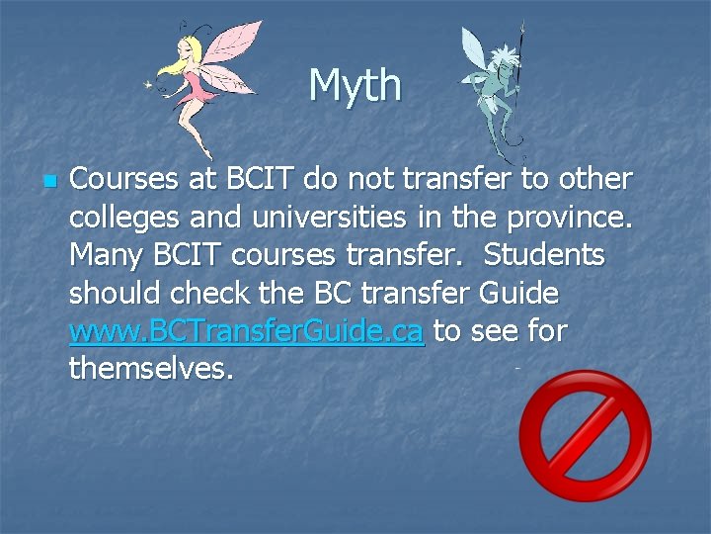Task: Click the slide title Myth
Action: tap(355, 85)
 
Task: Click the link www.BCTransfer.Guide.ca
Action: tap(247, 332)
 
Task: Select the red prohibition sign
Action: tap(585, 435)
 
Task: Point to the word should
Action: tap(117, 294)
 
